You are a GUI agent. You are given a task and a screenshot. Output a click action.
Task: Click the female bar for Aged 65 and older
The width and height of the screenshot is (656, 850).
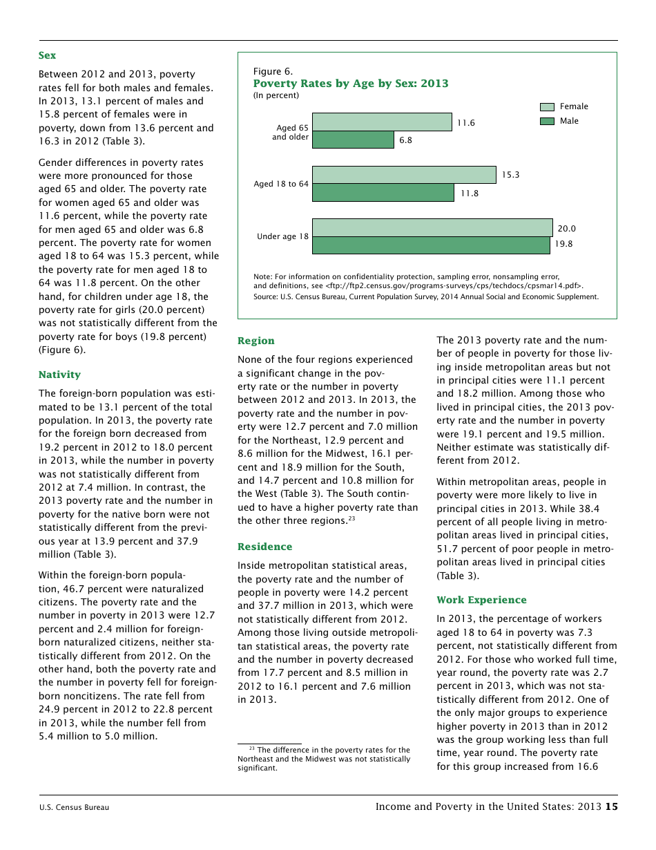(382, 122)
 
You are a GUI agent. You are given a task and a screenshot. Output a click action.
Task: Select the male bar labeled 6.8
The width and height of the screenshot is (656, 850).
(353, 140)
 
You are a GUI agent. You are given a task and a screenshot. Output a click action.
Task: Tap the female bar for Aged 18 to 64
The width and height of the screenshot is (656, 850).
(404, 175)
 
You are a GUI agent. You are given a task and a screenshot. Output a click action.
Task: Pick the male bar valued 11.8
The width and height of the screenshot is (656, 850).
(383, 193)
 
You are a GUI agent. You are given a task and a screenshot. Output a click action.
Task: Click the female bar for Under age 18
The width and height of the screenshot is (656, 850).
(432, 228)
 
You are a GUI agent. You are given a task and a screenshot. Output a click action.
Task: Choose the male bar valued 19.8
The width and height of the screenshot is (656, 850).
(431, 245)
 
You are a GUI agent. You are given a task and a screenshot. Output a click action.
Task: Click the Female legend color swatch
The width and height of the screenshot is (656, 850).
(547, 106)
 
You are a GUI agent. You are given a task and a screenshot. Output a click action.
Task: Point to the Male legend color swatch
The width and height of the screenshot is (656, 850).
(547, 121)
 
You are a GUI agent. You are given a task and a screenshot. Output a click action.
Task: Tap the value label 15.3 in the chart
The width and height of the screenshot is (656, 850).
(510, 176)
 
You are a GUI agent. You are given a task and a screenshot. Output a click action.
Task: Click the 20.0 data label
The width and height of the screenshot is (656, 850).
(566, 229)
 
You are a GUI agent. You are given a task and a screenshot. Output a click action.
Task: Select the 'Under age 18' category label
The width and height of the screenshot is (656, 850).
(282, 236)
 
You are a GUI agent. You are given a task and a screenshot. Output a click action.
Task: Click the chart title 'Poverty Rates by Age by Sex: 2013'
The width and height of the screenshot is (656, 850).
(351, 84)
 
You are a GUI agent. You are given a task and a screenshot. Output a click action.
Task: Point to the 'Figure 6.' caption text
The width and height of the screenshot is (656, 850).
(273, 71)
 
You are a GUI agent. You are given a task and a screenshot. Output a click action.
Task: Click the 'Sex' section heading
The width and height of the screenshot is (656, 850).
(47, 55)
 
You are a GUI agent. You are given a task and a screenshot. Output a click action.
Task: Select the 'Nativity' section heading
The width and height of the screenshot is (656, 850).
(59, 375)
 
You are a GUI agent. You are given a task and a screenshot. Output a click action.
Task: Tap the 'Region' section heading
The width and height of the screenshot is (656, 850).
(255, 341)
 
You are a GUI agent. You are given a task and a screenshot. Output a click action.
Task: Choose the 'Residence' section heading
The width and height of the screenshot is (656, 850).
(264, 547)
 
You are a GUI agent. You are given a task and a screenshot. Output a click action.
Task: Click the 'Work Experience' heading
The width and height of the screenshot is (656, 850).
(481, 600)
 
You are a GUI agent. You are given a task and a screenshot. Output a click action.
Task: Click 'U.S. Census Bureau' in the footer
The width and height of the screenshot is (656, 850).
(74, 807)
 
